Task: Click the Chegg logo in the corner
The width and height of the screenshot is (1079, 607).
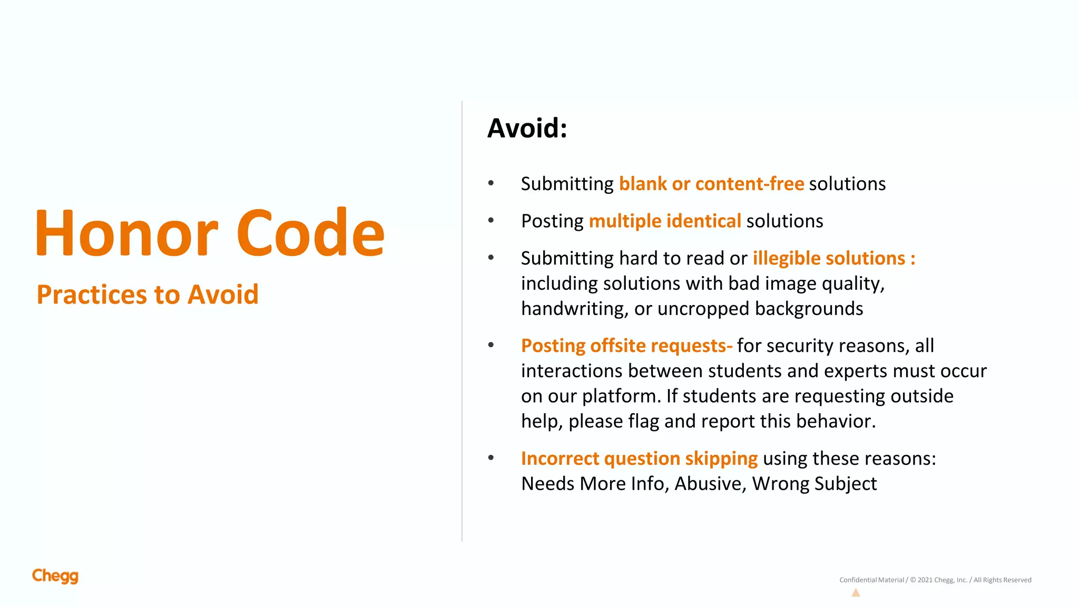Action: click(x=55, y=576)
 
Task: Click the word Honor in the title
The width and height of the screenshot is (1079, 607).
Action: click(x=126, y=233)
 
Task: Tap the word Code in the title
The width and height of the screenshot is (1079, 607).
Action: click(x=310, y=233)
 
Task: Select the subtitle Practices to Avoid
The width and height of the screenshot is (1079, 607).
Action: click(x=148, y=295)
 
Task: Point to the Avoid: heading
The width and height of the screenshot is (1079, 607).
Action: click(x=527, y=128)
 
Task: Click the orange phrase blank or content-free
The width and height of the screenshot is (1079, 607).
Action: click(x=711, y=184)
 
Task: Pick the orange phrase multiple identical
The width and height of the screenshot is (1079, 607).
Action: click(x=665, y=221)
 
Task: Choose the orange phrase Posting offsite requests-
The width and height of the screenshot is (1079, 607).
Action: click(x=626, y=346)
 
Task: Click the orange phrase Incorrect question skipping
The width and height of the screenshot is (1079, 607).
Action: click(x=639, y=459)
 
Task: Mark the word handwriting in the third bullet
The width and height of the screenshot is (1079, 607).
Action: click(x=575, y=309)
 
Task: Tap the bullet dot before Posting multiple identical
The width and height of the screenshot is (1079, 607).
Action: click(x=491, y=221)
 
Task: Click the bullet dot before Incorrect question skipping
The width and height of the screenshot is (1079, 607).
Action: click(x=491, y=458)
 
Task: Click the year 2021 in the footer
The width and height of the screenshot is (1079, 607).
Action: click(x=925, y=580)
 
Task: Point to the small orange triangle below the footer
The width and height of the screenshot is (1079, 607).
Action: click(x=856, y=593)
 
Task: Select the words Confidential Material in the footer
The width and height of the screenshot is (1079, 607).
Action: click(x=871, y=580)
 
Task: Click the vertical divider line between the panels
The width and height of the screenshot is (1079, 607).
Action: click(x=462, y=321)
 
